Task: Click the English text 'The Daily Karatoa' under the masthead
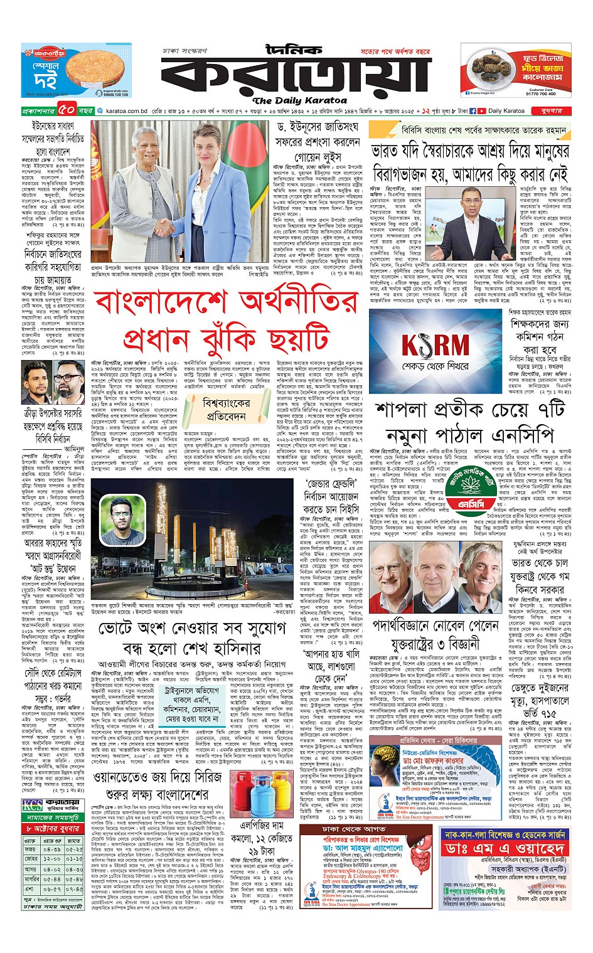pyautogui.click(x=299, y=100)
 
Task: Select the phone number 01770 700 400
pyautogui.click(x=540, y=93)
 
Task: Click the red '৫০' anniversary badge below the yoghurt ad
pyautogui.click(x=67, y=111)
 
